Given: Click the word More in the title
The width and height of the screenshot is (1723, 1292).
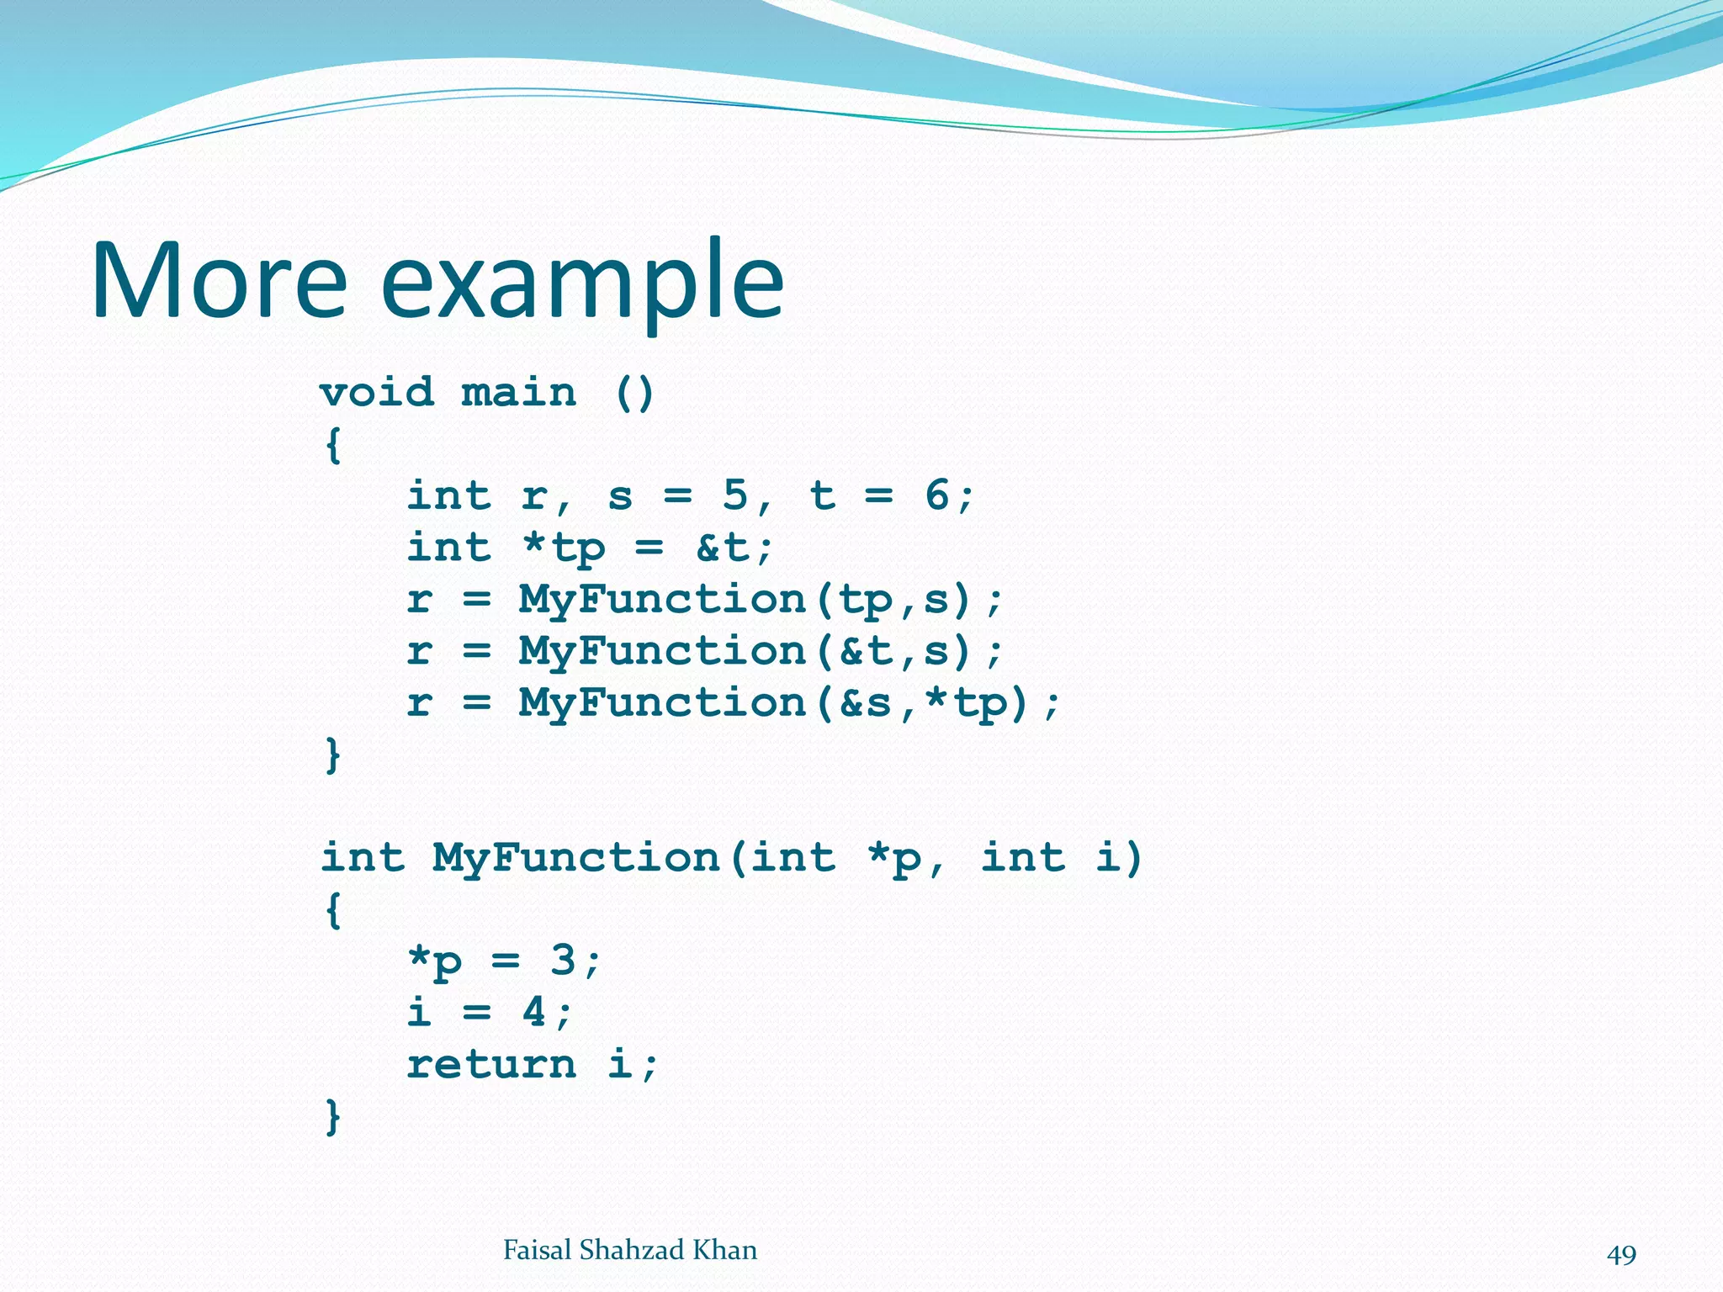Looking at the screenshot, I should click(219, 280).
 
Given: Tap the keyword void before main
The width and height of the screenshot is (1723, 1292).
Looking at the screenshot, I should click(377, 393).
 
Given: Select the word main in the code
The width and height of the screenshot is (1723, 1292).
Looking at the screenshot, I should click(518, 393).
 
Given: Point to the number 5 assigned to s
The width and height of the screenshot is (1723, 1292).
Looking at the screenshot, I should click(734, 495).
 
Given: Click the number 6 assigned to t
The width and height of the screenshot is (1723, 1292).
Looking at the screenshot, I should click(937, 495).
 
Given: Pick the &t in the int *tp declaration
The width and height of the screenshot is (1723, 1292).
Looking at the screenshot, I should click(722, 548).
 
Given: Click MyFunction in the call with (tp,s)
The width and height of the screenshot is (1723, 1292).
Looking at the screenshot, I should click(662, 600).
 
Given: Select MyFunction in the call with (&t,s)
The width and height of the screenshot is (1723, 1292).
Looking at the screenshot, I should click(662, 651).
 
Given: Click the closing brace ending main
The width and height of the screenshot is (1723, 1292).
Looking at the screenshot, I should click(333, 755).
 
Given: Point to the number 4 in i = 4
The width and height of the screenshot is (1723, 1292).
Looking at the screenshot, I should click(533, 1012).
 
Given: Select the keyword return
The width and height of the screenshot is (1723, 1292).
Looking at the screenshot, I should click(491, 1064).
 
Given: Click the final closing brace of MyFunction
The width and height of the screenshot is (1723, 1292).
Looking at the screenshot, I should click(333, 1116).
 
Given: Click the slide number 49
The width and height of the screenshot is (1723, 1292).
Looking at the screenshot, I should click(1621, 1255).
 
